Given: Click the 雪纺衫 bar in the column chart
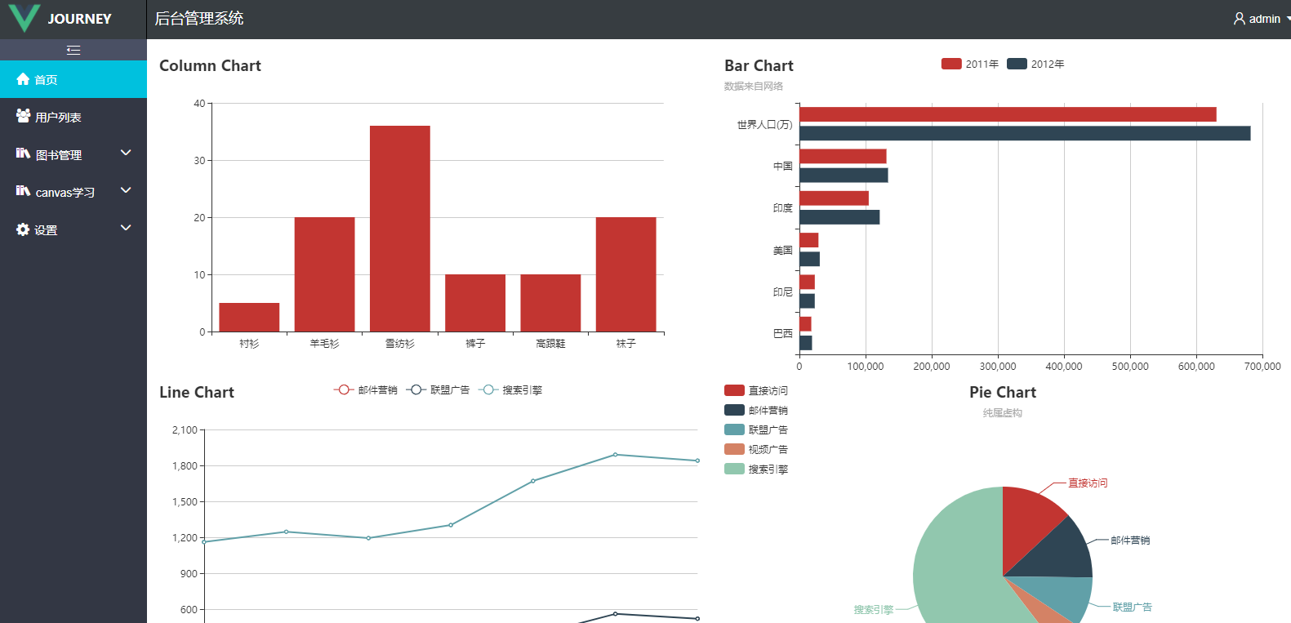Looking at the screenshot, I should pyautogui.click(x=399, y=229).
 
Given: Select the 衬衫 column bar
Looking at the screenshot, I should pyautogui.click(x=249, y=317).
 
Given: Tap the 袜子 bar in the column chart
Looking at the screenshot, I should pyautogui.click(x=625, y=274).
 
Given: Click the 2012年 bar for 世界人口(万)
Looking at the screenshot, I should pyautogui.click(x=1024, y=133).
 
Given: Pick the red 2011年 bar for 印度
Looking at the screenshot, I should pyautogui.click(x=834, y=198).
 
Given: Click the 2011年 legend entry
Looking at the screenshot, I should pyautogui.click(x=970, y=64).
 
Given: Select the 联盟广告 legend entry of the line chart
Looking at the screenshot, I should pyautogui.click(x=438, y=390).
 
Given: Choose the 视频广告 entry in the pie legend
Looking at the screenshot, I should pyautogui.click(x=756, y=449).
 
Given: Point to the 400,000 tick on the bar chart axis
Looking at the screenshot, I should pyautogui.click(x=1064, y=366).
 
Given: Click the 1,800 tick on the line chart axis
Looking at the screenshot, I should pyautogui.click(x=185, y=465).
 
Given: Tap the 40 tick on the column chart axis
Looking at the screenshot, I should pyautogui.click(x=199, y=104).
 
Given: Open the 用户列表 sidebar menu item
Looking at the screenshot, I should pyautogui.click(x=58, y=118).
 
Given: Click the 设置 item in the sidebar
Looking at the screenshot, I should pyautogui.click(x=46, y=230).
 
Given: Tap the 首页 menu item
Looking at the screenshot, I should pyautogui.click(x=46, y=80).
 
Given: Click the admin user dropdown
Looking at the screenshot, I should pyautogui.click(x=1260, y=19).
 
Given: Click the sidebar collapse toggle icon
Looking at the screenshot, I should pyautogui.click(x=73, y=51).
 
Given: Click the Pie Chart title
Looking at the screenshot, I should pyautogui.click(x=1002, y=393).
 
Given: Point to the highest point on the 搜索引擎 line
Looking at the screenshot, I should pyautogui.click(x=615, y=455).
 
